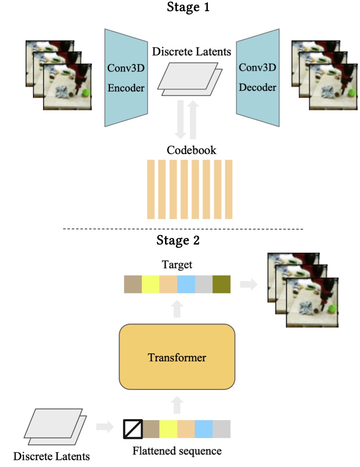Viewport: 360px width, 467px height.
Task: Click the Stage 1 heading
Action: coord(188,7)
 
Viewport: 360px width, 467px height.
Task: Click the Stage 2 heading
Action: coord(178,240)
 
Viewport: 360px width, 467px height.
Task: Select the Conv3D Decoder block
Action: coord(258,77)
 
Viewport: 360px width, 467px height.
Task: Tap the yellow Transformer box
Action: coord(177,358)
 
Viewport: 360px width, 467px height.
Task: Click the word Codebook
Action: coord(191,150)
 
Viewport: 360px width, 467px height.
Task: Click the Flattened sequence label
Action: coord(177,450)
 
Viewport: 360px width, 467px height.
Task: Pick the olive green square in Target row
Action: coord(221,284)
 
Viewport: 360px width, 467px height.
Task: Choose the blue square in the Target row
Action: coord(186,284)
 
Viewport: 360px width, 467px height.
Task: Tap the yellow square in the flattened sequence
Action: coord(169,429)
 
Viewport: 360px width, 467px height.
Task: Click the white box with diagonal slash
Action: coord(133,429)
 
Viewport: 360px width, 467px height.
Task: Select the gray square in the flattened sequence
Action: coord(221,429)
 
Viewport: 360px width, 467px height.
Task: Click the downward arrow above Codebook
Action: coord(181,120)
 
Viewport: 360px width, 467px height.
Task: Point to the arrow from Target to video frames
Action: coord(248,284)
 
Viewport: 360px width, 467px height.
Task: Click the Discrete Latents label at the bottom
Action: coord(52,457)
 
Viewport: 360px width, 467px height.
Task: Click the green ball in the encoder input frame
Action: coord(86,93)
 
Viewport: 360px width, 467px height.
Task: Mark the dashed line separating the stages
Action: coord(183,229)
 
